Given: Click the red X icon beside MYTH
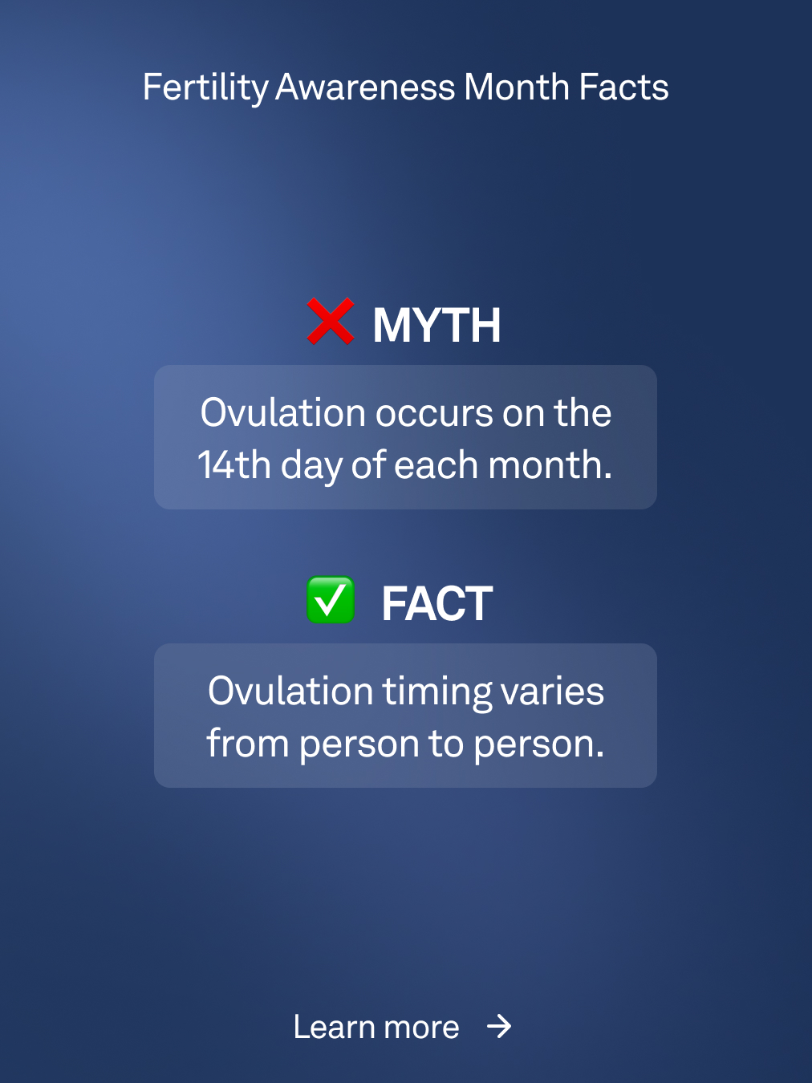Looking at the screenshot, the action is pyautogui.click(x=331, y=321).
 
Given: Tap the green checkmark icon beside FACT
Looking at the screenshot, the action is pyautogui.click(x=331, y=600).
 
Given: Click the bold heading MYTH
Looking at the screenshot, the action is pyautogui.click(x=436, y=326).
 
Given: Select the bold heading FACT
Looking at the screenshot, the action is pyautogui.click(x=437, y=604).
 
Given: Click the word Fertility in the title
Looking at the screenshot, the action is pyautogui.click(x=205, y=87).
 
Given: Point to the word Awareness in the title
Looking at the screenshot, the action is pyautogui.click(x=365, y=87).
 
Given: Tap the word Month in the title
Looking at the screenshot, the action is pyautogui.click(x=517, y=87).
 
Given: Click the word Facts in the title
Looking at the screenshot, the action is pyautogui.click(x=623, y=87).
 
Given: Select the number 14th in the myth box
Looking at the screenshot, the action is pyautogui.click(x=234, y=464).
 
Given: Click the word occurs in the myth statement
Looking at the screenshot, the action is pyautogui.click(x=434, y=413).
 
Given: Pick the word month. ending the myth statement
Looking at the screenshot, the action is pyautogui.click(x=550, y=464).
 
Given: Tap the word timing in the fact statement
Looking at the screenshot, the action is pyautogui.click(x=437, y=692).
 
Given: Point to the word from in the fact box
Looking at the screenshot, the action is pyautogui.click(x=248, y=743).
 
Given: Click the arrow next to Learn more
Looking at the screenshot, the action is pyautogui.click(x=499, y=1026).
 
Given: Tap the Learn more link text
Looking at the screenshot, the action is pyautogui.click(x=376, y=1027).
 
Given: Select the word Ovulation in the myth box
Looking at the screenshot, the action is pyautogui.click(x=282, y=413).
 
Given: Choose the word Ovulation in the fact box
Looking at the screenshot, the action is pyautogui.click(x=290, y=692).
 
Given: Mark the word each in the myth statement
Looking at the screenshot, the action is pyautogui.click(x=436, y=464).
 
